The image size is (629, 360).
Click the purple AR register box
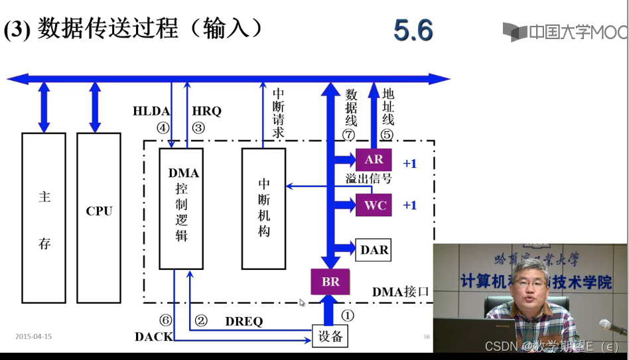tap(374, 160)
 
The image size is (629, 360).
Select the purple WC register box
tap(374, 205)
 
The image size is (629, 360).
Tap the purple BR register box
tap(330, 282)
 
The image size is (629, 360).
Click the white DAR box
tap(374, 250)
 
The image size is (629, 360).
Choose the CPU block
tap(99, 211)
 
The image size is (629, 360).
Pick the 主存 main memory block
tap(44, 219)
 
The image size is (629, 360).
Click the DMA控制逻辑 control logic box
tap(181, 208)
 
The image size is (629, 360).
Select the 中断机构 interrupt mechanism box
tap(263, 208)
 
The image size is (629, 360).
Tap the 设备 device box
tap(330, 336)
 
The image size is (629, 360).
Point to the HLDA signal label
tap(151, 111)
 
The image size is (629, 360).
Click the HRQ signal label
tap(206, 111)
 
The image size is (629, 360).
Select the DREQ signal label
tap(244, 322)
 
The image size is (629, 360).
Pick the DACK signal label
tap(153, 337)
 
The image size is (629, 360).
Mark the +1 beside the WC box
tap(409, 206)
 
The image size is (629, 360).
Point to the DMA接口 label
tap(401, 292)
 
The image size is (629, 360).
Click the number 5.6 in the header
tap(413, 31)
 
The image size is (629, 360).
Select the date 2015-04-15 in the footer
tap(33, 337)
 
